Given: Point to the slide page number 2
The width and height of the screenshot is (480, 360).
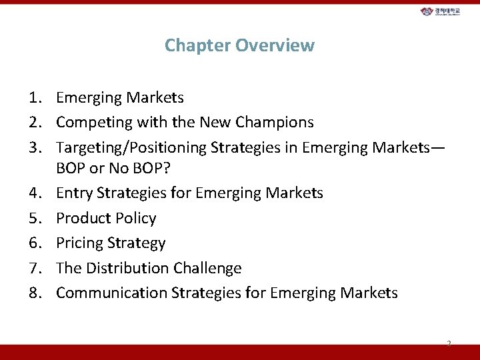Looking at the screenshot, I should tap(449, 343).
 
